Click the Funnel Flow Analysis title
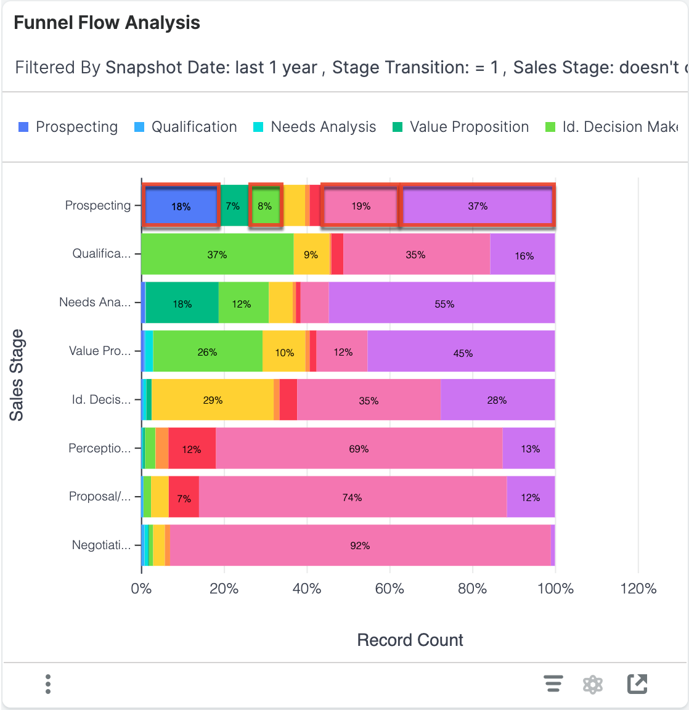coord(107,23)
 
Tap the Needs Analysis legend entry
coord(315,127)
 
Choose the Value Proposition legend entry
coord(461,127)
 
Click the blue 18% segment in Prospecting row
coord(181,206)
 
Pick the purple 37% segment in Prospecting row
coord(478,206)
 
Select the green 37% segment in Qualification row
coord(217,254)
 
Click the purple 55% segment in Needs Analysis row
coord(444,303)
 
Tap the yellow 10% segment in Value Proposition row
coord(284,352)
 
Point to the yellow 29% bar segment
coord(213,400)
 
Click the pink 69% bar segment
coord(359,449)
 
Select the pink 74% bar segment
coord(352,497)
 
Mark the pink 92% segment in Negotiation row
coord(360,545)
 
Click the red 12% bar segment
coord(192,449)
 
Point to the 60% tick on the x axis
coord(389,589)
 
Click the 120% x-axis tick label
coord(638,589)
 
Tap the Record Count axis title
coord(410,640)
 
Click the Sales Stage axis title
coord(17,375)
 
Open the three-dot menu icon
coord(48,684)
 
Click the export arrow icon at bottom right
coord(637,684)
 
